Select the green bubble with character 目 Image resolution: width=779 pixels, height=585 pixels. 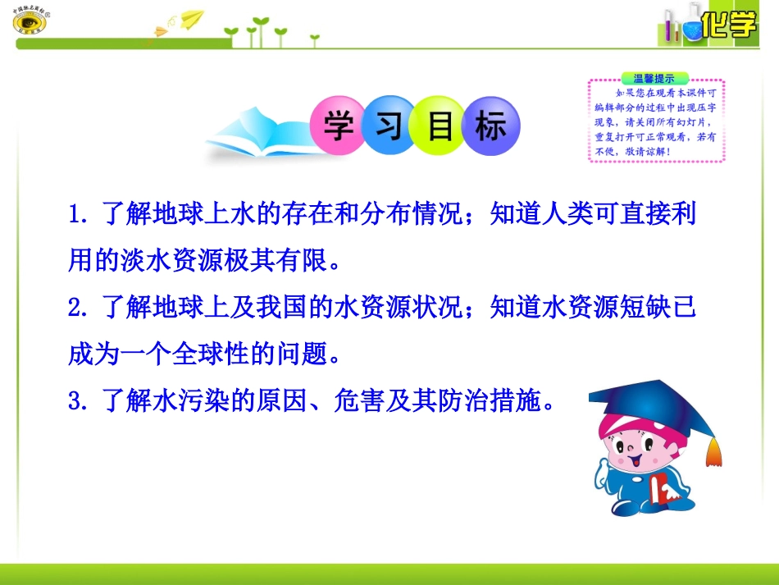pos(440,126)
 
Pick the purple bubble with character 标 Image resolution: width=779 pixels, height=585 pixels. pos(491,126)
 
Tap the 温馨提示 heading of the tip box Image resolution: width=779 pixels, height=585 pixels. pos(654,79)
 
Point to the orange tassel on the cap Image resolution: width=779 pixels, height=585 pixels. pos(714,450)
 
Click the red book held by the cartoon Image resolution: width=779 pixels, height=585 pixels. pos(662,491)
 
